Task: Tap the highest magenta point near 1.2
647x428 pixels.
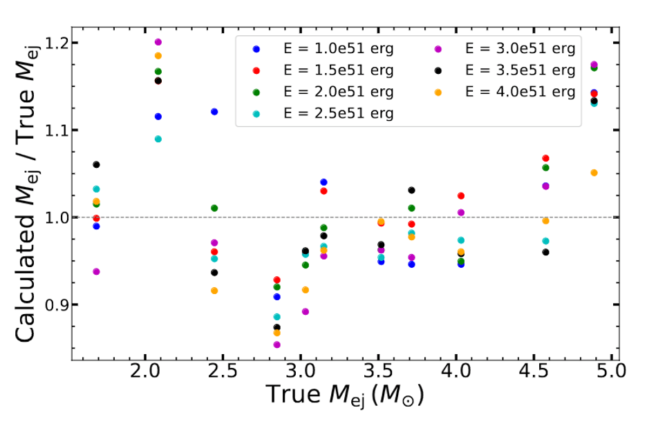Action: [x=158, y=42]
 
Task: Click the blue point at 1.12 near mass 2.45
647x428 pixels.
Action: [x=214, y=112]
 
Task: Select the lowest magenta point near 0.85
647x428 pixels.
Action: [x=277, y=344]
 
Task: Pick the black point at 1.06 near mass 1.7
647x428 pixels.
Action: [x=96, y=164]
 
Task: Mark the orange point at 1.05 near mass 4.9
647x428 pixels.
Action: [x=594, y=173]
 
